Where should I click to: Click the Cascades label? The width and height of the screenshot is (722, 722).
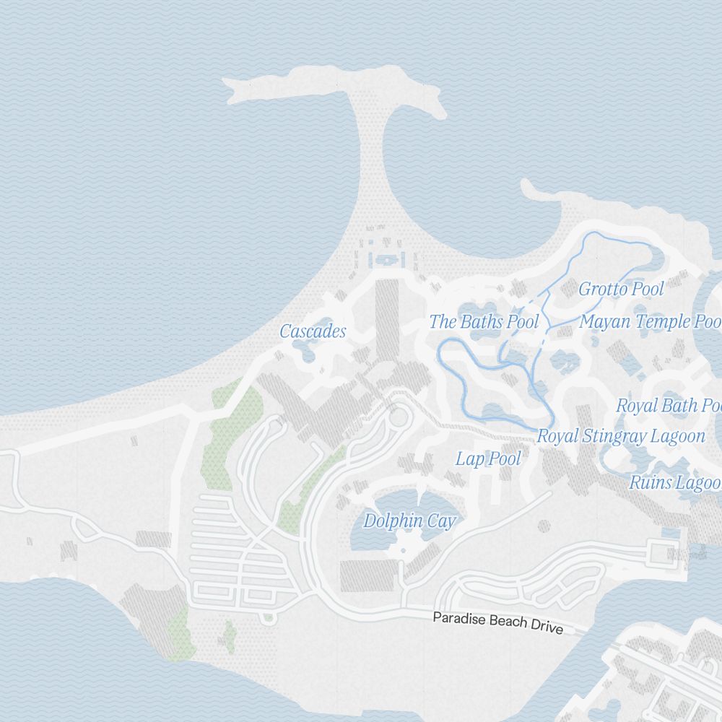[x=313, y=331]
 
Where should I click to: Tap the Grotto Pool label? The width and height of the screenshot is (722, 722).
[x=621, y=290]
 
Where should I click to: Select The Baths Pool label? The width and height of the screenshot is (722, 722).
[x=484, y=321]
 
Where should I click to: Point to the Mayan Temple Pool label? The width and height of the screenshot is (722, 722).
[x=650, y=321]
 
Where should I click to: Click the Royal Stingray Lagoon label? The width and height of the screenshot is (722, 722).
[x=621, y=436]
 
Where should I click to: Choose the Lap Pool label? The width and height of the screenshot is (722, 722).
[x=488, y=458]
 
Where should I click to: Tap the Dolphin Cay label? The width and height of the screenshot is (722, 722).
[x=409, y=521]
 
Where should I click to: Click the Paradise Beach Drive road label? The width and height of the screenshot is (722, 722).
[x=497, y=622]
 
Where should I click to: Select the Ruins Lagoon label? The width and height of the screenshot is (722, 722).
[x=675, y=482]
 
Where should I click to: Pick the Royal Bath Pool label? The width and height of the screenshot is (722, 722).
[x=669, y=405]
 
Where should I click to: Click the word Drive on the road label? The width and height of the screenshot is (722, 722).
[x=546, y=627]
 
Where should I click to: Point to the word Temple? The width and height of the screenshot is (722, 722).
[x=646, y=321]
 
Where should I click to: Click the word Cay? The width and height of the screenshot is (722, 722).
[x=441, y=521]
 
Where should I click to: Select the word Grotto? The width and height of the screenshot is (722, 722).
[x=599, y=290]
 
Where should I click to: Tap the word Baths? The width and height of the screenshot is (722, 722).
[x=482, y=321]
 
